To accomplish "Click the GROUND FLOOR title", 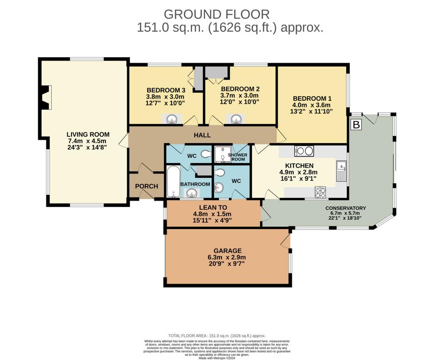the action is (x=217, y=14).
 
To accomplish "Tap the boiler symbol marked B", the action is (x=356, y=125).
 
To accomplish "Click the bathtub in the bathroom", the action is (x=173, y=181).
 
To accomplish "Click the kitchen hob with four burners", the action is (x=320, y=192).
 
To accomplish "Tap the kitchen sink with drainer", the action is (x=341, y=170).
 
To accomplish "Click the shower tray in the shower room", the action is (x=221, y=154).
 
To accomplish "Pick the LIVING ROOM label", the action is (x=88, y=135).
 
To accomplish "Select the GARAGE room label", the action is (x=228, y=251).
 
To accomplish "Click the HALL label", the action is (x=202, y=135).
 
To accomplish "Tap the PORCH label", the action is (x=146, y=186).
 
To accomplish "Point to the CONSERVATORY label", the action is (x=345, y=208).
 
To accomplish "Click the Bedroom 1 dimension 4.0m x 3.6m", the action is (x=312, y=105).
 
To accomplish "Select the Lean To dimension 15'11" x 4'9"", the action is (x=212, y=220).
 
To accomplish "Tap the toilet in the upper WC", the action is (x=206, y=154).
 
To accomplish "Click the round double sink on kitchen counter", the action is (x=304, y=151).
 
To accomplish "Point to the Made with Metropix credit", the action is (x=217, y=358).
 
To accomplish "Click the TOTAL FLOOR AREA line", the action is (x=217, y=336).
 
